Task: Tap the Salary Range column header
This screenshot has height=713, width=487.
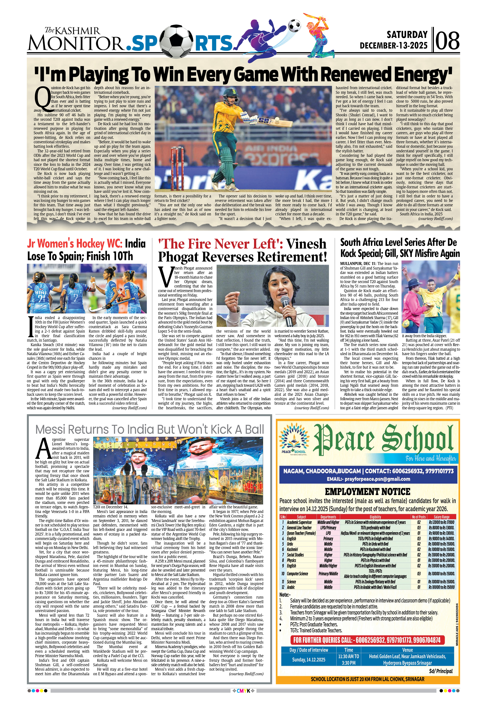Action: point(441,517)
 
